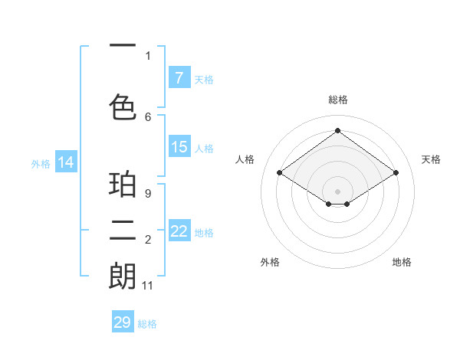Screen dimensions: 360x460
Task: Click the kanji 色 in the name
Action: click(123, 106)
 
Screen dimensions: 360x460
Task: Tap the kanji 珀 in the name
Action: click(123, 185)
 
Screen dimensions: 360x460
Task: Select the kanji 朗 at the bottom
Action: click(123, 277)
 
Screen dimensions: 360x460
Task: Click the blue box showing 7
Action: click(179, 77)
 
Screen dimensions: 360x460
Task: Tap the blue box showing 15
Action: click(179, 147)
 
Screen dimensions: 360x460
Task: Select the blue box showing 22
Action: click(179, 231)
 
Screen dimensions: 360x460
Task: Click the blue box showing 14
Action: click(65, 162)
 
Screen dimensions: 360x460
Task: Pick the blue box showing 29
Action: click(122, 322)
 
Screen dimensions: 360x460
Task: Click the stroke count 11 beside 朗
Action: click(148, 286)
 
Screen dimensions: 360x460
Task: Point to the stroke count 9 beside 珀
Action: click(148, 194)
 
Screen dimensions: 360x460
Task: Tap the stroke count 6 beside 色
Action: click(148, 116)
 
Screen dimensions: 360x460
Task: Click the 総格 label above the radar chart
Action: click(337, 100)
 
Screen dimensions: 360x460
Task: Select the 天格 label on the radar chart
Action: click(431, 159)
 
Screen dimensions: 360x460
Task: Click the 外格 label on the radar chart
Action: click(270, 262)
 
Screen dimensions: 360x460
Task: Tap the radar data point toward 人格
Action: click(280, 173)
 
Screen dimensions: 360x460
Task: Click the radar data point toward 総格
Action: click(337, 131)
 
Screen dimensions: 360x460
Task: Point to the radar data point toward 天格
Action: click(396, 173)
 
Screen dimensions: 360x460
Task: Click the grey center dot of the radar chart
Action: click(337, 190)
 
